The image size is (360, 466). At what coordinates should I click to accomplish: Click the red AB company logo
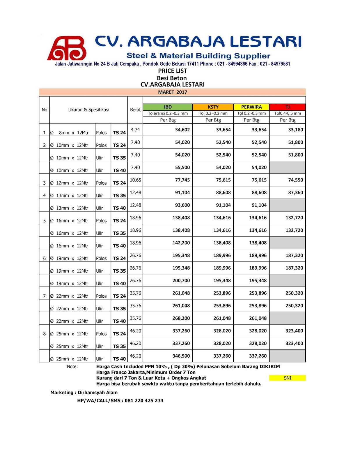pos(67,48)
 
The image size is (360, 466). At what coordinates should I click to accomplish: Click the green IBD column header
pos(168,107)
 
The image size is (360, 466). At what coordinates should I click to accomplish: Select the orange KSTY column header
pos(213,107)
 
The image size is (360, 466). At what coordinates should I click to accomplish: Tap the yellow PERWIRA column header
pos(251,107)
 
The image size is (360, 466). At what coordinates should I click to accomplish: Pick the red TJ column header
pos(288,107)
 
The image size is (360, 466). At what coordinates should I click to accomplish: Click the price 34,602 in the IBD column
pos(182,130)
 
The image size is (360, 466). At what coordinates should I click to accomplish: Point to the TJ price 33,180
pos(295,130)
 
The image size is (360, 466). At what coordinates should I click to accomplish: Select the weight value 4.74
pos(135,130)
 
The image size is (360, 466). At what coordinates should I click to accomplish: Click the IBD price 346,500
pos(181,356)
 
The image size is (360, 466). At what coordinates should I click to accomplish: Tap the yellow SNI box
pos(287,378)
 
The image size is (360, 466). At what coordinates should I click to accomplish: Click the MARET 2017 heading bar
pos(173,92)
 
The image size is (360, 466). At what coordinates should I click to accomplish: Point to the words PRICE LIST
pos(173,71)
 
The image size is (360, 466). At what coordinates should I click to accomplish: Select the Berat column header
pos(135,110)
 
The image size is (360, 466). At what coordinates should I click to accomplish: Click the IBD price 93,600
pos(182,205)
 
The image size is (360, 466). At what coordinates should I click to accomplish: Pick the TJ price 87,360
pos(295,193)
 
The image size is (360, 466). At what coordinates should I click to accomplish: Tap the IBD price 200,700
pos(181,280)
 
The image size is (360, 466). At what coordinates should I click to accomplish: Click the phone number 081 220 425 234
pos(144,400)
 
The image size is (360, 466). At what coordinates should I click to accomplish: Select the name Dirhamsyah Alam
pos(97,392)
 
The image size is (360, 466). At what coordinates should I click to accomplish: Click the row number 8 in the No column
pos(44,334)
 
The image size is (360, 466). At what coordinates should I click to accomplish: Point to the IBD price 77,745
pos(182,180)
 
